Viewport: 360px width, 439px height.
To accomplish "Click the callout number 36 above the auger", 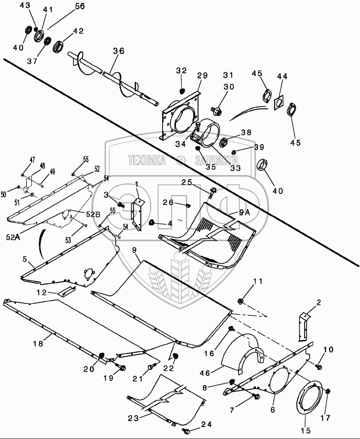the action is [119, 51].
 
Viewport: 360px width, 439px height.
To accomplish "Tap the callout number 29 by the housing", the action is [202, 75].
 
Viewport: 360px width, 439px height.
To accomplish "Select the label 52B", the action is [93, 214].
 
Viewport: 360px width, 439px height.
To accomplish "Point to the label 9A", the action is [244, 213].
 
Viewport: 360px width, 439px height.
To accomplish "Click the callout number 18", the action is [38, 343].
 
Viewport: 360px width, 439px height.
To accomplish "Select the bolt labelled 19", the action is [122, 367].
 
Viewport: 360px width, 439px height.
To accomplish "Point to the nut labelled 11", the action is [240, 301].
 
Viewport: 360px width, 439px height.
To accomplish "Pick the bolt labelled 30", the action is [217, 111].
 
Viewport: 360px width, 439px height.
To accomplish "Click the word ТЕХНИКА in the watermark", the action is [147, 160].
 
